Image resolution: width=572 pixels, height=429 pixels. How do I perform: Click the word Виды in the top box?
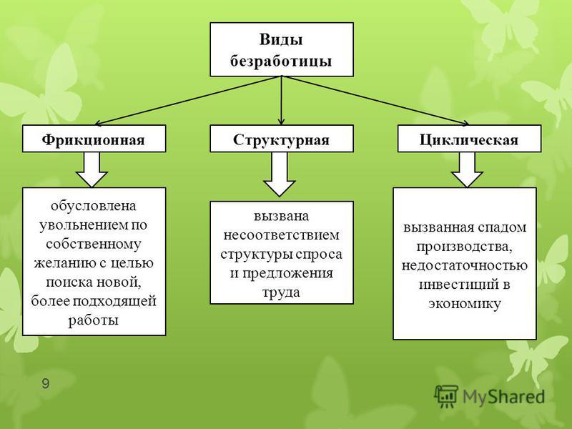(x=281, y=39)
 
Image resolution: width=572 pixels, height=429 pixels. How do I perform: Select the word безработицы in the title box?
(x=281, y=61)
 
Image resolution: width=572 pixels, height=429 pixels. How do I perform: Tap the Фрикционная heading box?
(x=94, y=139)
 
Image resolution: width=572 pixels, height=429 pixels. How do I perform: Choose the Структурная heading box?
(x=282, y=139)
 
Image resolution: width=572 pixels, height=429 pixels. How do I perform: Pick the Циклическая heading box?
(x=469, y=139)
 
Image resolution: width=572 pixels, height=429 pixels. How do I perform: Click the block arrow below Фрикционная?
(x=92, y=169)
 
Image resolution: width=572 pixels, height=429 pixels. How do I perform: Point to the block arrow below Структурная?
(x=280, y=174)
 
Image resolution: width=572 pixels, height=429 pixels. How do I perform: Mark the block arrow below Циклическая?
(x=468, y=169)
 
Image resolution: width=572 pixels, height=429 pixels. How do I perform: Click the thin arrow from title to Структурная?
(x=281, y=101)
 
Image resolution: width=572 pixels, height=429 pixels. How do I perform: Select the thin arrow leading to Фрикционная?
(x=188, y=101)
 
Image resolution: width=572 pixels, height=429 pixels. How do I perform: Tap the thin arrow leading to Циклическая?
(x=375, y=101)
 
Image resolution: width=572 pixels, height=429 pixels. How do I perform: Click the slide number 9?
(x=46, y=384)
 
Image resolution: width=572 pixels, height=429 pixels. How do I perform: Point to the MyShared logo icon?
(x=445, y=396)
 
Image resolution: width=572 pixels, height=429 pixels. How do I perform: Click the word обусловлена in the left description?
(x=94, y=206)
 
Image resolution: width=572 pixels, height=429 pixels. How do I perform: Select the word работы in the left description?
(x=94, y=320)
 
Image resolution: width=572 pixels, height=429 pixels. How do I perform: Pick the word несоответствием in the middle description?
(x=281, y=235)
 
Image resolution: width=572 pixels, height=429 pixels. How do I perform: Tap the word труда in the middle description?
(x=281, y=293)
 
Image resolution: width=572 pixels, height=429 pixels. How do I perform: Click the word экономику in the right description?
(x=465, y=304)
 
